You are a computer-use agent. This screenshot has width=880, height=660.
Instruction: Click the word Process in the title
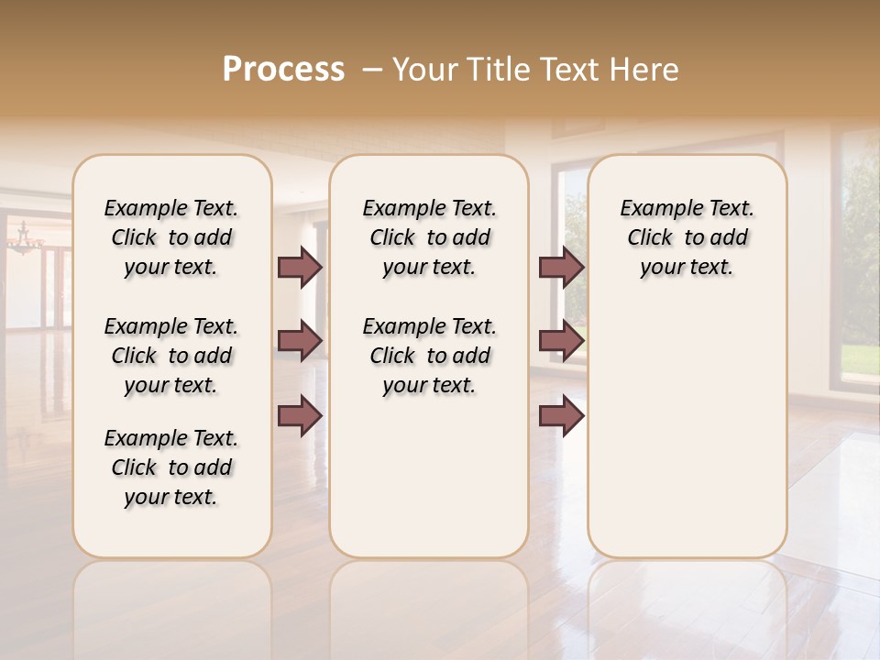(x=283, y=70)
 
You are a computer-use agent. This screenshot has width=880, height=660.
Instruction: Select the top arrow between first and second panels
(x=300, y=267)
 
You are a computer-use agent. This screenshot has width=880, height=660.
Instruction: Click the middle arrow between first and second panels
(x=300, y=341)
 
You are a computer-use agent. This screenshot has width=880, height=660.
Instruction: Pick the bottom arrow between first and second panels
(x=300, y=416)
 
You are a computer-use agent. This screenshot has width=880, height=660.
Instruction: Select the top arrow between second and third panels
(x=561, y=267)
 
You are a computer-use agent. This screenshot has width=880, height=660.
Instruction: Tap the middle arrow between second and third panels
(x=561, y=341)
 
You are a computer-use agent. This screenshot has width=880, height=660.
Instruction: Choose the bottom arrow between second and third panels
(x=561, y=416)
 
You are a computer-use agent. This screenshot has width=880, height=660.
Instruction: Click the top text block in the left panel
(x=171, y=237)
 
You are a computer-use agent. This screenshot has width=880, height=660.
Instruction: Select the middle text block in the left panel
(x=171, y=356)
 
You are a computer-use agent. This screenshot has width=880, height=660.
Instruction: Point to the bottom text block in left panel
(x=171, y=467)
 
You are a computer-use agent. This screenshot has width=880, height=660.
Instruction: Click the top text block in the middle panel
(x=429, y=237)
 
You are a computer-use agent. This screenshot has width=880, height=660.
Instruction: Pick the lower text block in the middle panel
(x=429, y=356)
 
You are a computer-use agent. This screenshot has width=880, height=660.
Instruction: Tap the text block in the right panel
(x=687, y=237)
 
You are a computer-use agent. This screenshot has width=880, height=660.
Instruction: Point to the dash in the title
(x=372, y=70)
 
